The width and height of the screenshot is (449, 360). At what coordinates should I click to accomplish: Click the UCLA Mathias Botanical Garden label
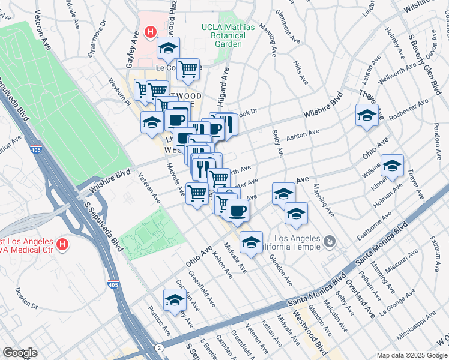228,35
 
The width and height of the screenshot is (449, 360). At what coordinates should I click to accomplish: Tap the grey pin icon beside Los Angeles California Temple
329,242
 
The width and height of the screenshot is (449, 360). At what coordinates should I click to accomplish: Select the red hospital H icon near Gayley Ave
151,31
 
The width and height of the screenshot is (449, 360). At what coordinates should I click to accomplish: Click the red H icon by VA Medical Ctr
62,244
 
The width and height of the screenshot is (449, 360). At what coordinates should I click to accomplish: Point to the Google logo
20,353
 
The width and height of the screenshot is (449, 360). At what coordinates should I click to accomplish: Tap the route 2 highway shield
158,348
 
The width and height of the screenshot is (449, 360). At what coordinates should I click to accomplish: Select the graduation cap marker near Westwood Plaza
169,47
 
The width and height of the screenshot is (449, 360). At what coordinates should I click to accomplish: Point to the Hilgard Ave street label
223,83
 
